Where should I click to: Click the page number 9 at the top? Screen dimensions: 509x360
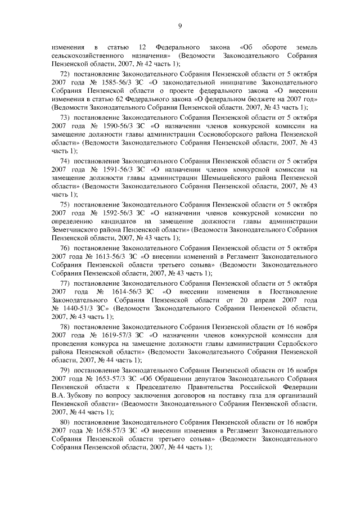click(180, 25)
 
